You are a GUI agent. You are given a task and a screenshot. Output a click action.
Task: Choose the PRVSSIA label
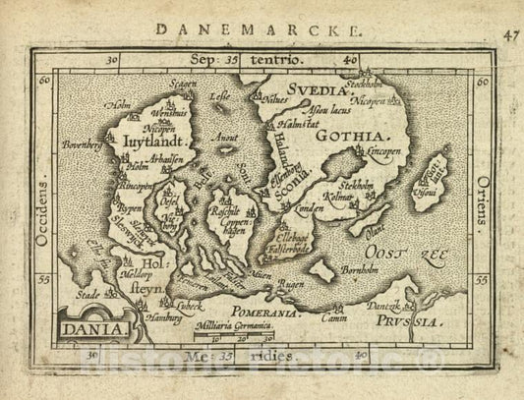pos(447,317)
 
